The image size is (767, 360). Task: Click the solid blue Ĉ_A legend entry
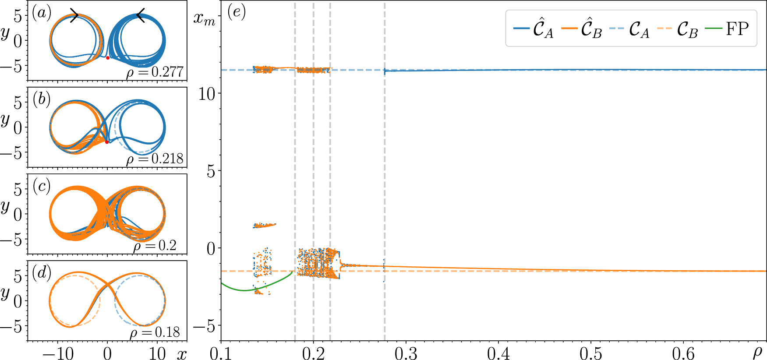pyautogui.click(x=534, y=29)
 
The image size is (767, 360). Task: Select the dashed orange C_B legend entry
pyautogui.click(x=677, y=29)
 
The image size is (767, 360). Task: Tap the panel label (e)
pyautogui.click(x=237, y=12)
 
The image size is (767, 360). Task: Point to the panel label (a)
pyautogui.click(x=42, y=13)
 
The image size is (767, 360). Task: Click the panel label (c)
pyautogui.click(x=42, y=186)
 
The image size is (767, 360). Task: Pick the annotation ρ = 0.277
pyautogui.click(x=155, y=72)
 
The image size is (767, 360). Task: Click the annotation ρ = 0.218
pyautogui.click(x=155, y=159)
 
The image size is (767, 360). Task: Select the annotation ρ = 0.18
pyautogui.click(x=155, y=332)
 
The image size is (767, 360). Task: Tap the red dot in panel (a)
pyautogui.click(x=108, y=58)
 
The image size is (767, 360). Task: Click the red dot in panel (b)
pyautogui.click(x=107, y=142)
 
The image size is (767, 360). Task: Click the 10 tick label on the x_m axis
pyautogui.click(x=207, y=93)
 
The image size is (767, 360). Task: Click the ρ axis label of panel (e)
pyautogui.click(x=757, y=352)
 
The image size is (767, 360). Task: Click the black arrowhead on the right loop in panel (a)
pyautogui.click(x=140, y=16)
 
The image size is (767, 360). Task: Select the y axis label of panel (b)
pyautogui.click(x=6, y=119)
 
